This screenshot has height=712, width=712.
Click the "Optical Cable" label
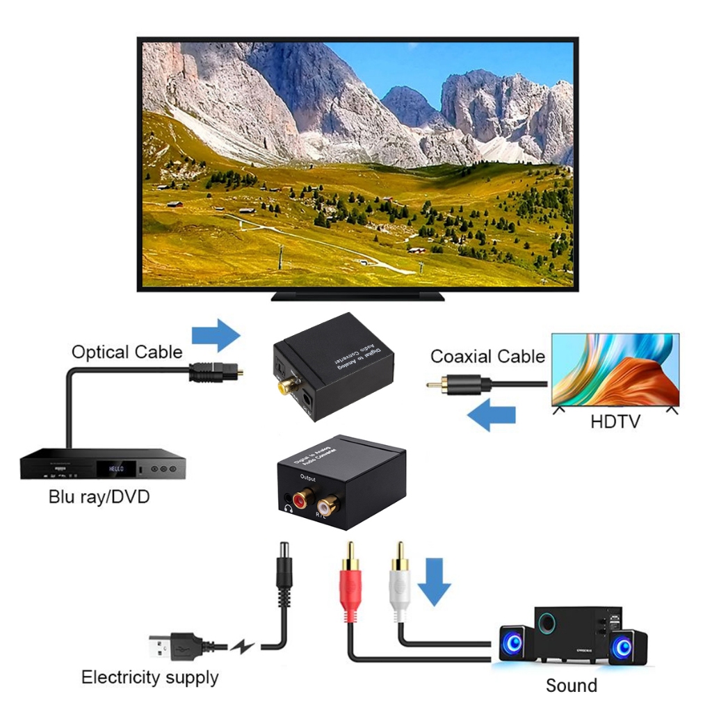click(127, 352)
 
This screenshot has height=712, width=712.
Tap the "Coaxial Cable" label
click(487, 357)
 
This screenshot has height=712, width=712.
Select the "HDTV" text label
click(615, 421)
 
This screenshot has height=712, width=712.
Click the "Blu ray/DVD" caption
click(99, 497)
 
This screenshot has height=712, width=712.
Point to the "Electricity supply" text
click(149, 677)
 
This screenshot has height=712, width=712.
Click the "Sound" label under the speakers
click(571, 685)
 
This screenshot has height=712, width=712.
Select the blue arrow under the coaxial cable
click(491, 415)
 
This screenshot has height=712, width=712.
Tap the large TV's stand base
click(357, 296)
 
